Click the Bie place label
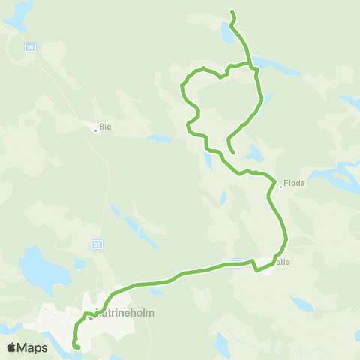[106, 127]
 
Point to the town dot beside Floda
[280, 187]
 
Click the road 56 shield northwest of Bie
[30, 46]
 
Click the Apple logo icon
[12, 347]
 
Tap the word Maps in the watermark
[34, 347]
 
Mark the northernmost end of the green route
[232, 12]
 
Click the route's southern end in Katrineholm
[77, 347]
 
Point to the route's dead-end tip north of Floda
[233, 153]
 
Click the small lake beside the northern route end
[226, 34]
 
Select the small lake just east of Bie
[159, 139]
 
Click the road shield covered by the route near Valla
[237, 262]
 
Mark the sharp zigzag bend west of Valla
[255, 265]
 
